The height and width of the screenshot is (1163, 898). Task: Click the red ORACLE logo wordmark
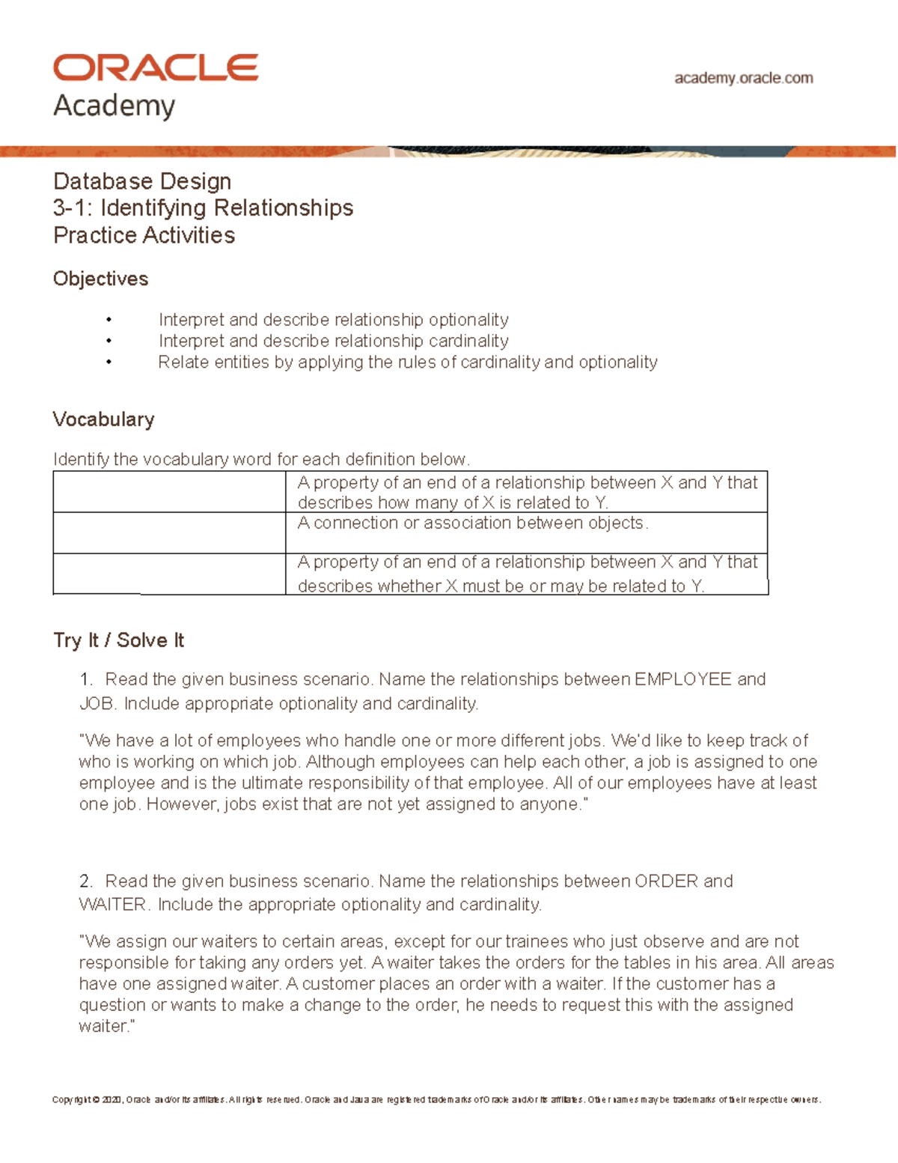pyautogui.click(x=156, y=68)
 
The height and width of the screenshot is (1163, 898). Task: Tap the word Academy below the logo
pyautogui.click(x=114, y=106)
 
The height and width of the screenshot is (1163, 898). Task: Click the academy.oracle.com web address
pyautogui.click(x=743, y=78)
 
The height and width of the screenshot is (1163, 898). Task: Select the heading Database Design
pyautogui.click(x=142, y=181)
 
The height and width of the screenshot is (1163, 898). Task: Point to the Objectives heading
pyautogui.click(x=100, y=279)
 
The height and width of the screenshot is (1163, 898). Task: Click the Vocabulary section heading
pyautogui.click(x=103, y=419)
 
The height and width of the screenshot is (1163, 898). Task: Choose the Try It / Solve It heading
pyautogui.click(x=118, y=640)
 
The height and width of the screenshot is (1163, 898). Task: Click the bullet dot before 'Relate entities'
pyautogui.click(x=109, y=362)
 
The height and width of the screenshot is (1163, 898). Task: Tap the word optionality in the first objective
pyautogui.click(x=468, y=320)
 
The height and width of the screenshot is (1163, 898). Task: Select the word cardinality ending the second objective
pyautogui.click(x=468, y=341)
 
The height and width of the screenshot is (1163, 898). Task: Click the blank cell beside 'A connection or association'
pyautogui.click(x=169, y=532)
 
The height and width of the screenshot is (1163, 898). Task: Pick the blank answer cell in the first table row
pyautogui.click(x=169, y=491)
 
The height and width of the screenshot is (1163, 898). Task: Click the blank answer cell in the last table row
pyautogui.click(x=169, y=574)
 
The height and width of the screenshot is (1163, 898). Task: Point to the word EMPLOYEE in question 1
pyautogui.click(x=682, y=679)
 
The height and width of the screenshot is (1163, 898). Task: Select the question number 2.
pyautogui.click(x=85, y=881)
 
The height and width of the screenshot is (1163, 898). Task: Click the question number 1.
pyautogui.click(x=85, y=679)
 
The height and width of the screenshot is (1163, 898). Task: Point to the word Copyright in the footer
pyautogui.click(x=71, y=1100)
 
